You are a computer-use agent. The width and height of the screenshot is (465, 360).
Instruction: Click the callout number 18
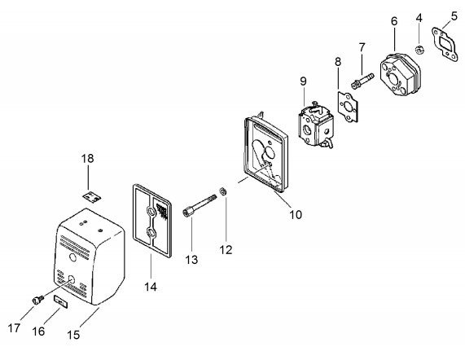87,158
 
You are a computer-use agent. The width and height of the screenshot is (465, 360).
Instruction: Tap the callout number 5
454,15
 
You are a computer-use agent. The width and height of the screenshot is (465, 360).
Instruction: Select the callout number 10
296,214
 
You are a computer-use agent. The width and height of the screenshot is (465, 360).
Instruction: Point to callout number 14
151,287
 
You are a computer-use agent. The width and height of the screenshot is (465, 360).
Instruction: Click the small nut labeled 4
419,50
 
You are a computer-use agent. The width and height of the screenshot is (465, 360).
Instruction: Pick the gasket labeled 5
445,45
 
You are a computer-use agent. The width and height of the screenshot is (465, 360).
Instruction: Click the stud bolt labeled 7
362,80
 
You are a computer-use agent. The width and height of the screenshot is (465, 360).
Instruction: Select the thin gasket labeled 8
348,107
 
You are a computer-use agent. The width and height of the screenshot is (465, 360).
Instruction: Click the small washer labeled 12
223,191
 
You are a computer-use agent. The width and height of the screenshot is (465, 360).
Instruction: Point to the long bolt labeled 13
200,205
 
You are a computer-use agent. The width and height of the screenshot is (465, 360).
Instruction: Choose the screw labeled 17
38,300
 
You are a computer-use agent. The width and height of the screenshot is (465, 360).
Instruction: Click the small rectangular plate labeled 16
61,301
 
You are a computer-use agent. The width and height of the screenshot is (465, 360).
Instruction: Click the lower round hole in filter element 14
151,232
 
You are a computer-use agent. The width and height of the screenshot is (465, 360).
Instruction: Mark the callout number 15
73,335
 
